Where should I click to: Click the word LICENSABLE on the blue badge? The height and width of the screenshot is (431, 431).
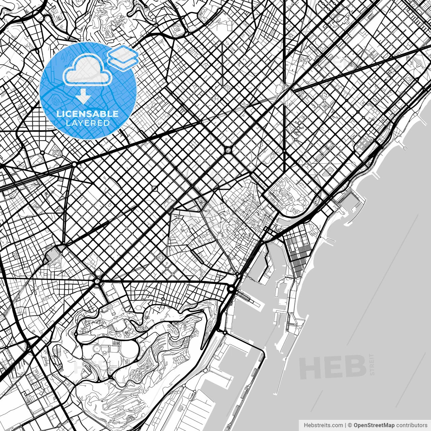click(x=88, y=114)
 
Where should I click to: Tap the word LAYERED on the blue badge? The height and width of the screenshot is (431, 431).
click(x=88, y=123)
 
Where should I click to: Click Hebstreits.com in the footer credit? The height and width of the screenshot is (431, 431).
click(x=323, y=425)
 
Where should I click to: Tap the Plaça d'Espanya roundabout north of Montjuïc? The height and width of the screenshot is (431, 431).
click(x=97, y=280)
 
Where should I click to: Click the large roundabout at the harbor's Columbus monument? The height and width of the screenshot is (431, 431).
click(x=231, y=289)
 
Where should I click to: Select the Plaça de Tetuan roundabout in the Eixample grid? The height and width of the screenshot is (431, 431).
click(x=228, y=150)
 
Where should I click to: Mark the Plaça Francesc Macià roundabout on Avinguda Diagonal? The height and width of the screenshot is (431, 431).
click(x=74, y=164)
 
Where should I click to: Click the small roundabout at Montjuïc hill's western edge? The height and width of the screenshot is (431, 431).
click(x=75, y=334)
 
